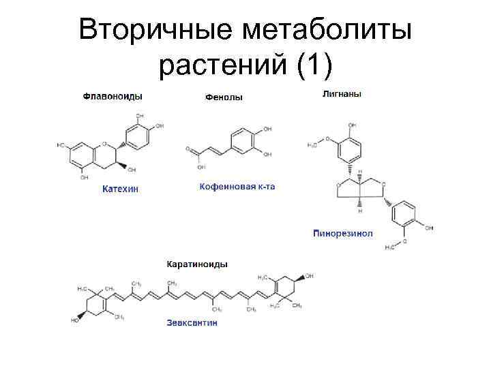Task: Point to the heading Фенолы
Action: pyautogui.click(x=224, y=97)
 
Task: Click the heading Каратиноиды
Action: pyautogui.click(x=198, y=264)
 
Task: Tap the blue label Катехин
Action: pyautogui.click(x=119, y=188)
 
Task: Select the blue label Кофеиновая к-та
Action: pyautogui.click(x=237, y=186)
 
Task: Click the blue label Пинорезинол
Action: pyautogui.click(x=342, y=233)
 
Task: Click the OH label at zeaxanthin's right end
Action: pyautogui.click(x=310, y=276)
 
